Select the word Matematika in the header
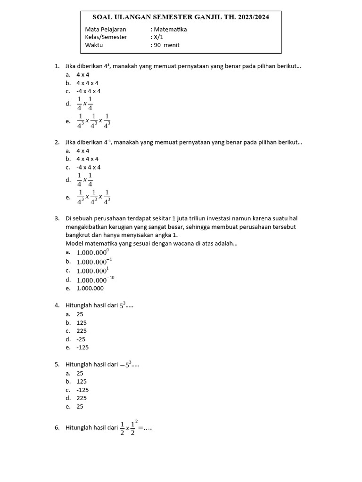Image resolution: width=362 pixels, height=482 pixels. [x=170, y=29]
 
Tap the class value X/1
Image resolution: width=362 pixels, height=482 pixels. [x=157, y=37]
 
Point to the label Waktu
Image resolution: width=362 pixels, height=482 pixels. [x=94, y=45]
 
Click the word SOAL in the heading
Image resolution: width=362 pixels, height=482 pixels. [x=104, y=17]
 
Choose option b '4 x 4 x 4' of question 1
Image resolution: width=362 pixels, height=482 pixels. [x=88, y=83]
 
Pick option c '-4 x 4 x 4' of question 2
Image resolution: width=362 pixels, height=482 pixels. [x=89, y=167]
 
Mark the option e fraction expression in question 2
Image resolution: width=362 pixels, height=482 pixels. [x=94, y=197]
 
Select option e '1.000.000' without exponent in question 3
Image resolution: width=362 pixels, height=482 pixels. [x=90, y=288]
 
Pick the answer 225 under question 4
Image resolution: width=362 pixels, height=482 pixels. [x=82, y=331]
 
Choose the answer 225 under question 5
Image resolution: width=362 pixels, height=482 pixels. [x=82, y=398]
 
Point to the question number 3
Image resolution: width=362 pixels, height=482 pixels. [x=57, y=218]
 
